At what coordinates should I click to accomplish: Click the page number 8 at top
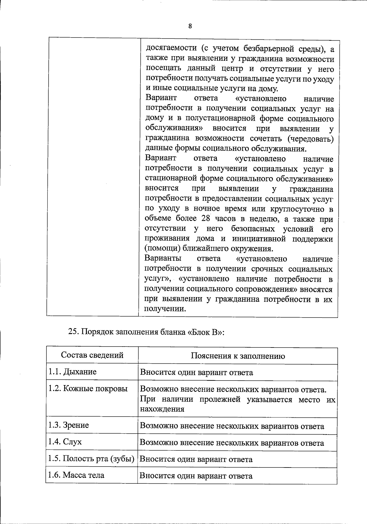pos(190,26)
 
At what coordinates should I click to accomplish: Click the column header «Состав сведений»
pos(92,355)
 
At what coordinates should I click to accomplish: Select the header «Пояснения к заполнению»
pos(238,356)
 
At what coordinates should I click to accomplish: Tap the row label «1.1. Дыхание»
pos(72,372)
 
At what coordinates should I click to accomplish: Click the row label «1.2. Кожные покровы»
pos(88,389)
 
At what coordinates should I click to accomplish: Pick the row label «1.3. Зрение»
pos(69,425)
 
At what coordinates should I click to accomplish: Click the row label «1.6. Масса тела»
pos(76,475)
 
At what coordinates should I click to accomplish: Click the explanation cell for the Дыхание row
pos(196,373)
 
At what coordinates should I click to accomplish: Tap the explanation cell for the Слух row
pos(232,443)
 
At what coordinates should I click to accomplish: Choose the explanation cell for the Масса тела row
pos(196,476)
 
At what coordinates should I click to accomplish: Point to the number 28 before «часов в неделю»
pos(206,219)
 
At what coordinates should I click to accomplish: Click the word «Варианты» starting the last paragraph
pos(163,258)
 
